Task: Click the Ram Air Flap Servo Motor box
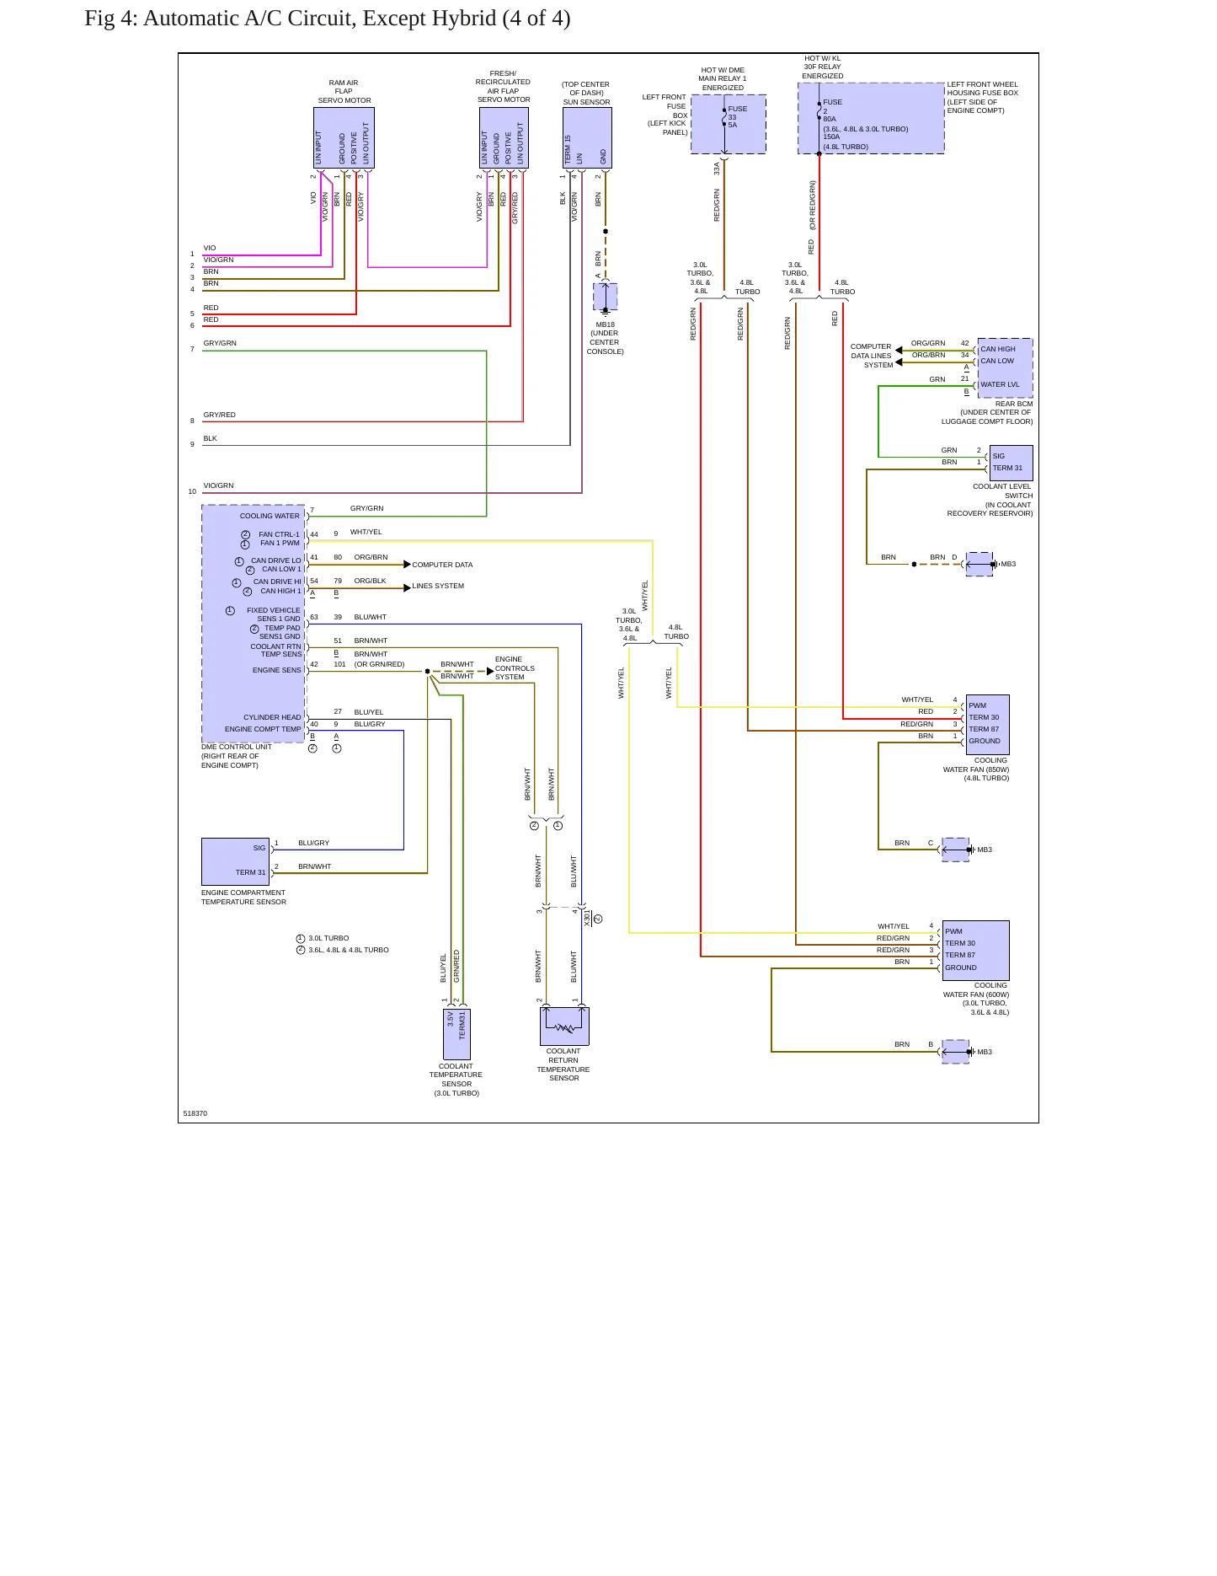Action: click(x=344, y=138)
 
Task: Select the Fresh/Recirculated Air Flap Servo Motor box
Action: click(x=504, y=138)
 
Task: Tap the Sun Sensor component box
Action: click(x=587, y=138)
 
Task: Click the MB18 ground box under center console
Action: click(x=605, y=297)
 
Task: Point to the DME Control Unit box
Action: click(x=254, y=624)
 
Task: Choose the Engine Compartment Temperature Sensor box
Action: click(x=235, y=861)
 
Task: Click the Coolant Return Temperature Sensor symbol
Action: click(x=564, y=1027)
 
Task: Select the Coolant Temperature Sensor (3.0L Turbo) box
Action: click(x=456, y=1034)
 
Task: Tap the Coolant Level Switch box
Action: click(x=1011, y=463)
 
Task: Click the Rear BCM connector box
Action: click(x=1005, y=367)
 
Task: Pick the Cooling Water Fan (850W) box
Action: click(x=987, y=724)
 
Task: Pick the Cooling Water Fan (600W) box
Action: click(x=975, y=950)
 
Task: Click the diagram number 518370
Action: click(x=195, y=1113)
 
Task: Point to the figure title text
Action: click(x=328, y=19)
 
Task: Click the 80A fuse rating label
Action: click(x=830, y=119)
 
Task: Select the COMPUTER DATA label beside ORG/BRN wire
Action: click(x=442, y=565)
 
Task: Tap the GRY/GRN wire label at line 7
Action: click(x=220, y=343)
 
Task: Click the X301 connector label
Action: click(x=588, y=918)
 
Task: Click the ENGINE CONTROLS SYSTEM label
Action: click(x=515, y=668)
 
